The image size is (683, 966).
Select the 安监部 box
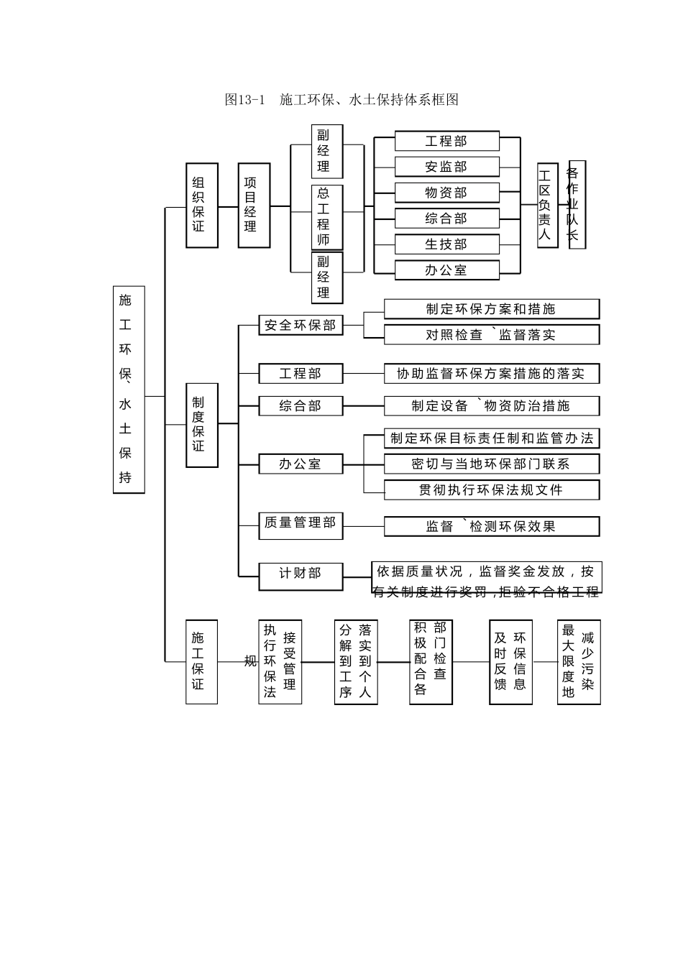coord(446,167)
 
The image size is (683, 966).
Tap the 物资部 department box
coord(446,193)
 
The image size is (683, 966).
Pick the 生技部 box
coord(446,244)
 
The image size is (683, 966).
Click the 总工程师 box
coord(326,217)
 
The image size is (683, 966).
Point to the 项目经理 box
coord(254,206)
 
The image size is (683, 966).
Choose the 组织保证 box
coord(202,206)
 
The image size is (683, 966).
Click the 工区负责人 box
coord(547,206)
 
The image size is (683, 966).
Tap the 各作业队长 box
coord(577,205)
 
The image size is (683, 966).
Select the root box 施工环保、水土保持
coord(129,390)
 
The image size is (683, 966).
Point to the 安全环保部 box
coord(301,326)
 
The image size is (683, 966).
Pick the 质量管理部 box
coord(301,523)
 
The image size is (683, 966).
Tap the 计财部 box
coord(301,574)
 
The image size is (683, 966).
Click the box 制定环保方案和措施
coord(491,309)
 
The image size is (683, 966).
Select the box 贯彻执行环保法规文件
coord(491,490)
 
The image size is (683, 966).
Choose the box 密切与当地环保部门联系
coord(491,464)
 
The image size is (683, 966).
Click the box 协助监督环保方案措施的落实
coord(491,374)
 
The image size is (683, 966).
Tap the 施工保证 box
coord(201,661)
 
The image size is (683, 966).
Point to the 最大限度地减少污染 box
coord(578,661)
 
